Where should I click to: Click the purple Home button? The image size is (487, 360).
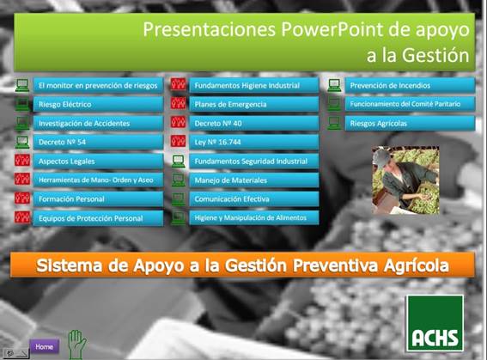click(x=45, y=346)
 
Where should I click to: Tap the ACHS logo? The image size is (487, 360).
click(x=435, y=323)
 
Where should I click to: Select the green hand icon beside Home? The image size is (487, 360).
click(x=76, y=345)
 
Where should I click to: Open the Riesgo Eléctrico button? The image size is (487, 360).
click(x=98, y=104)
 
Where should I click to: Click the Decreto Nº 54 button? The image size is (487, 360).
click(x=98, y=143)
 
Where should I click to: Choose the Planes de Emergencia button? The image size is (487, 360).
click(x=254, y=104)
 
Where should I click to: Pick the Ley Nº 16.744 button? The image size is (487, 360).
click(x=254, y=143)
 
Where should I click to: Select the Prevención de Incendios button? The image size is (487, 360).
click(x=410, y=85)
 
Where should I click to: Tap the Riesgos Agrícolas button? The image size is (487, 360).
click(x=410, y=124)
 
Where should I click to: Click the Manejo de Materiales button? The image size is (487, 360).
click(x=254, y=180)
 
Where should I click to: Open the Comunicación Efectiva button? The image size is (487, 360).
click(x=254, y=199)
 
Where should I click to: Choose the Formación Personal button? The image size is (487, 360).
click(x=98, y=199)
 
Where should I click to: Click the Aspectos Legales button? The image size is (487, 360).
click(x=98, y=162)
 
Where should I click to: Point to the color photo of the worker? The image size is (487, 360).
click(x=405, y=180)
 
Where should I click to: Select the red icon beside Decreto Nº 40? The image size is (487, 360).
click(x=179, y=122)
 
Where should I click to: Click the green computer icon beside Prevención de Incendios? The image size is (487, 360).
click(x=334, y=85)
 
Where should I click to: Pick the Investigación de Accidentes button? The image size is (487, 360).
click(x=98, y=124)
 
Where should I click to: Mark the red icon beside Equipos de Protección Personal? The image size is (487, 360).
click(x=22, y=217)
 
